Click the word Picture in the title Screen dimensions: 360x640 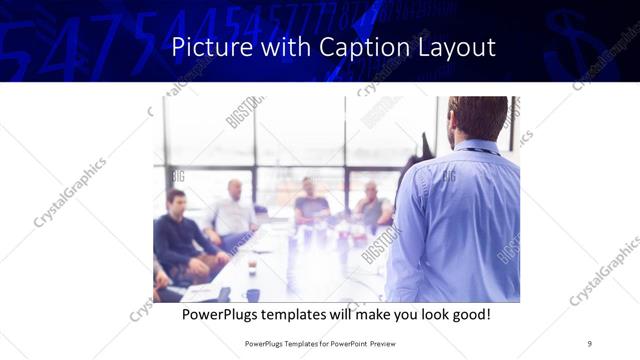tap(205, 48)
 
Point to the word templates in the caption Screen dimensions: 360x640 tap(302, 314)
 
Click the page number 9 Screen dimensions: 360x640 tap(590, 343)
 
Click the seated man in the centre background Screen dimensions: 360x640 tap(311, 202)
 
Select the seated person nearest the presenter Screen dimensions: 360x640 tap(372, 206)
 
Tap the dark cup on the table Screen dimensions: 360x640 tap(253, 294)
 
